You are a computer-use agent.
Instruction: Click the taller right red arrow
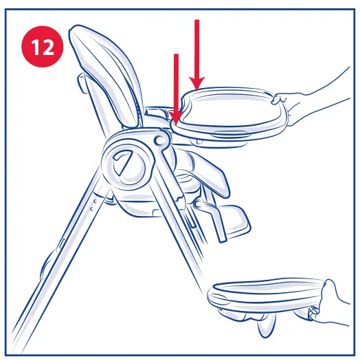pos(197,55)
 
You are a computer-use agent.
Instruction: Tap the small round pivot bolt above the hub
pos(159,140)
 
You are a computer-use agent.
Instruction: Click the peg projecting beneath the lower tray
pos(265,330)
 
